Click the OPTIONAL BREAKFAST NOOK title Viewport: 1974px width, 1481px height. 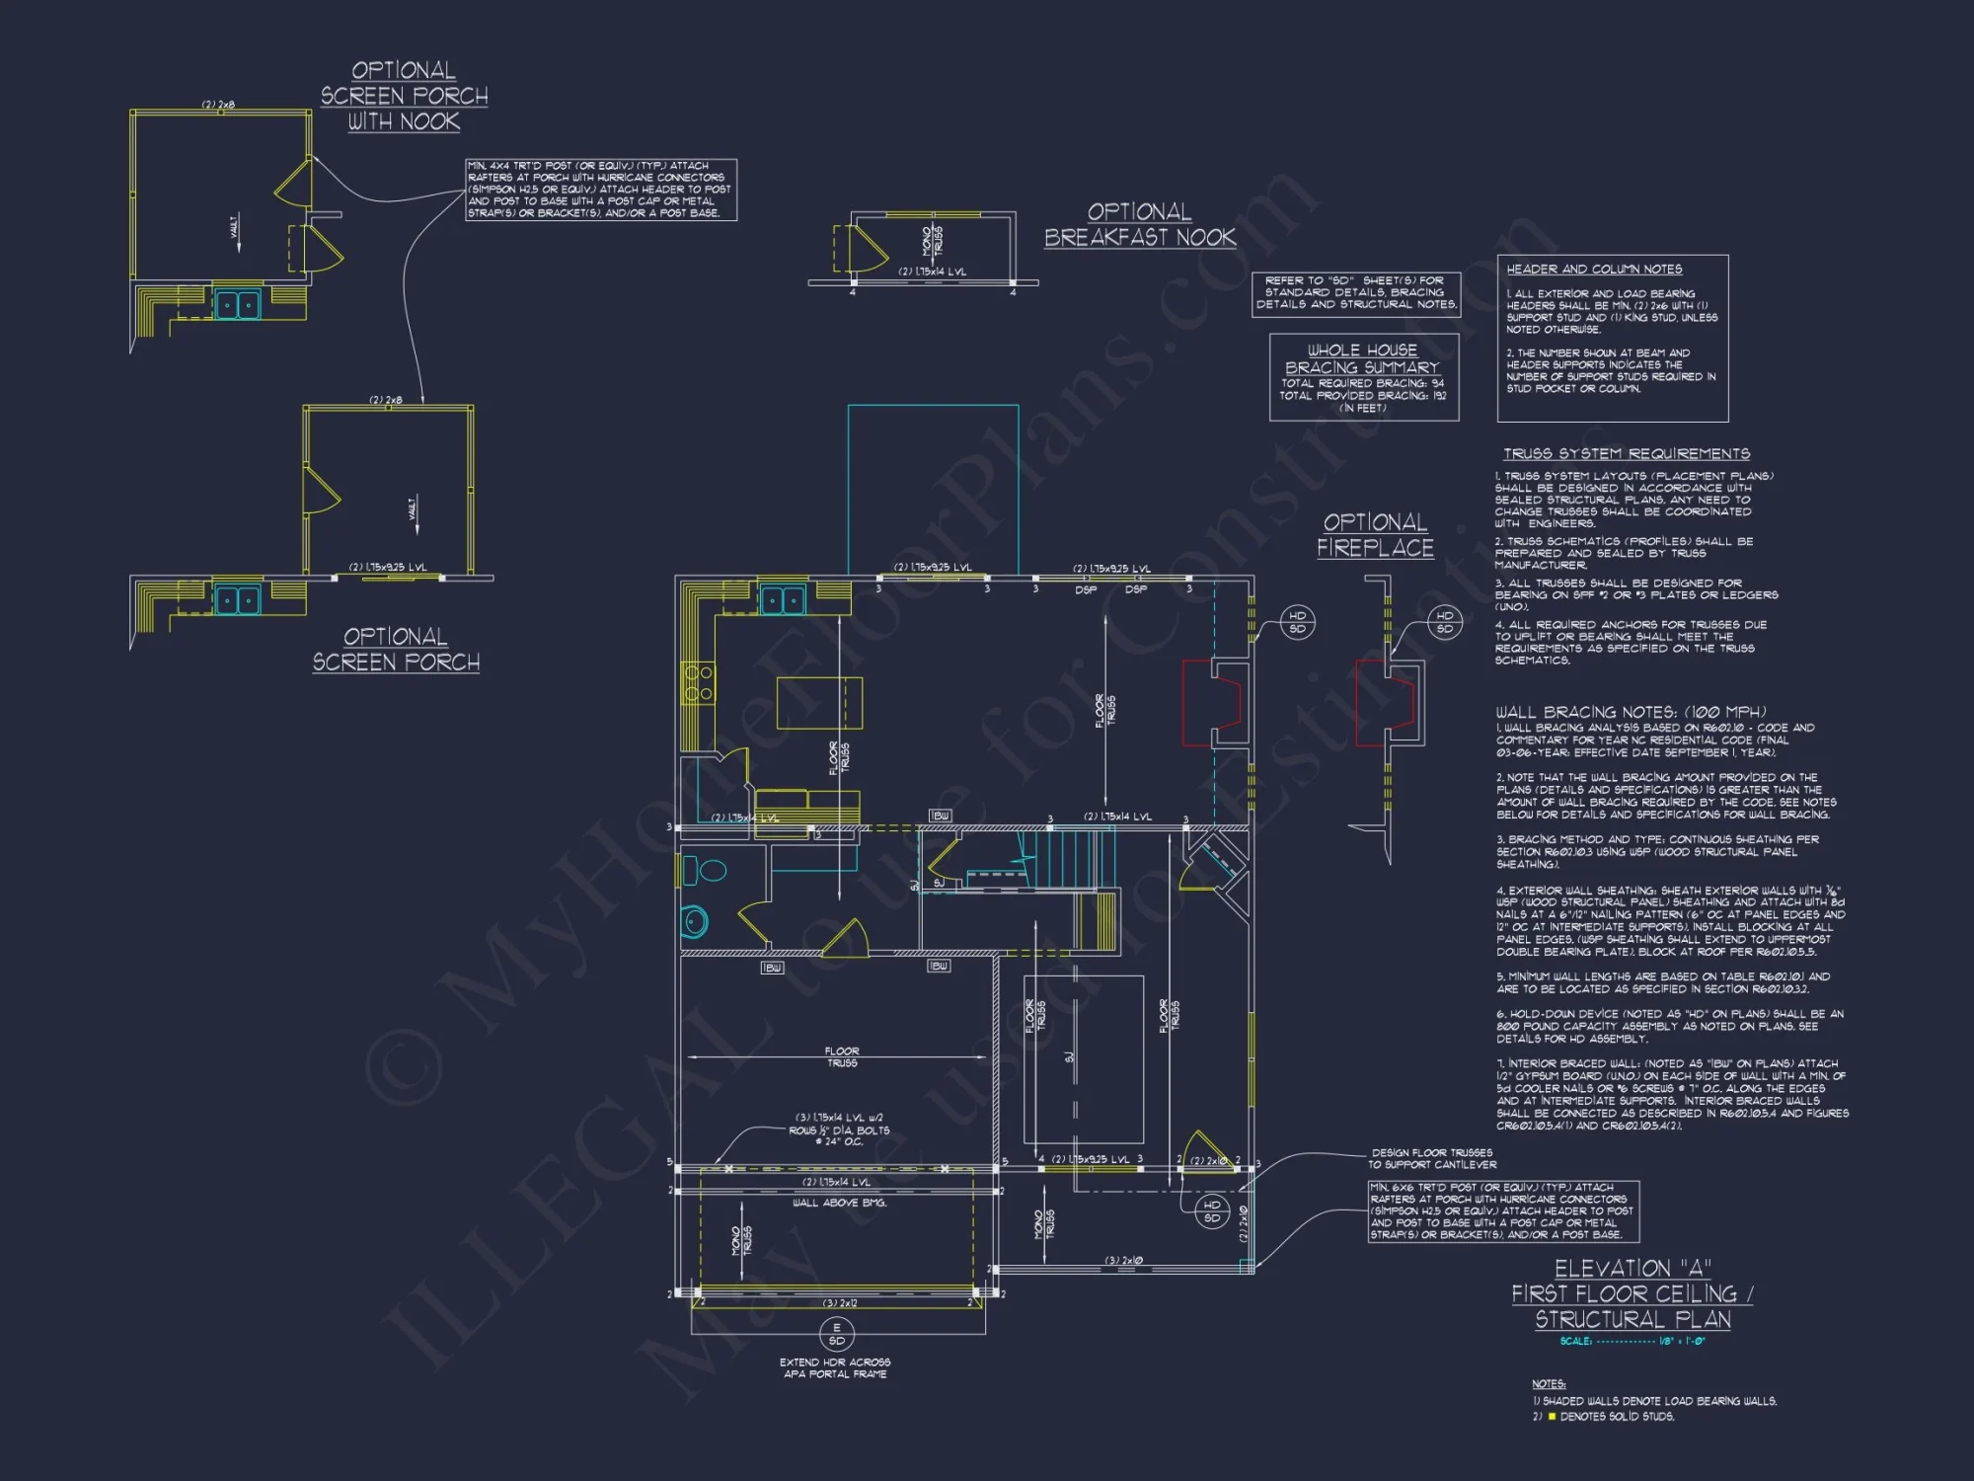(x=1140, y=225)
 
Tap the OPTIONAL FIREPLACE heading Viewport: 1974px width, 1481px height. (x=1375, y=535)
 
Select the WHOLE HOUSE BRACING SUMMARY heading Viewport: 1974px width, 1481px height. (x=1362, y=358)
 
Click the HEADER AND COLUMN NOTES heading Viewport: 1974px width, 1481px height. (x=1594, y=270)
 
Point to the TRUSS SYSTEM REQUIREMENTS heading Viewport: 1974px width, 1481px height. (x=1626, y=454)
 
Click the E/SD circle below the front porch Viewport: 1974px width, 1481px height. (x=836, y=1334)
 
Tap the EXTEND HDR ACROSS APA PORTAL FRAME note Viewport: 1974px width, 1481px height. (x=835, y=1368)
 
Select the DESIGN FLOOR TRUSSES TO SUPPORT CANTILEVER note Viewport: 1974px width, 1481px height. (x=1431, y=1158)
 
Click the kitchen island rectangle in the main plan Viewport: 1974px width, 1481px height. (x=819, y=702)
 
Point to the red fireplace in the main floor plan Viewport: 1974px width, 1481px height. (x=1212, y=702)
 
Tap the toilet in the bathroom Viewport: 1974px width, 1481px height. (x=705, y=871)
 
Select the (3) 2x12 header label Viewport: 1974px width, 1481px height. (x=840, y=1303)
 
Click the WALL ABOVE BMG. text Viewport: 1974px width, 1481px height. (x=840, y=1203)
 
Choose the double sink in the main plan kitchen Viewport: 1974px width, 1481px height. (x=782, y=599)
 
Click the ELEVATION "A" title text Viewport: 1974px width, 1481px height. (x=1632, y=1269)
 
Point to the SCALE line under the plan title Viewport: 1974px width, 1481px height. (x=1632, y=1342)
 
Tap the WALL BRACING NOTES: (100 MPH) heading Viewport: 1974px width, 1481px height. (x=1631, y=712)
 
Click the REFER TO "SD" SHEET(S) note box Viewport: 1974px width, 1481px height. (x=1356, y=293)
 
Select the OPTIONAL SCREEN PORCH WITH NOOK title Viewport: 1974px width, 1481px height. (x=404, y=96)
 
